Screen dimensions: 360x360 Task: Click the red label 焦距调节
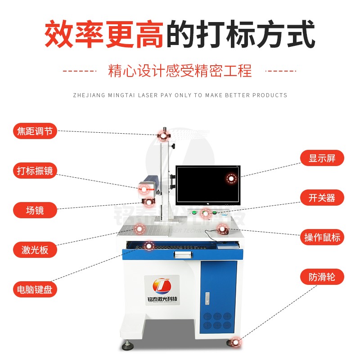pos(35,131)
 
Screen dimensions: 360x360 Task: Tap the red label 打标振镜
pos(35,171)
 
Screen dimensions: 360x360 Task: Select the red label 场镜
pos(35,210)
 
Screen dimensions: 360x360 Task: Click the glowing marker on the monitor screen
pos(231,179)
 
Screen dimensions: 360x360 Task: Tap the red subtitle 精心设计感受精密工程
pos(180,71)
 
